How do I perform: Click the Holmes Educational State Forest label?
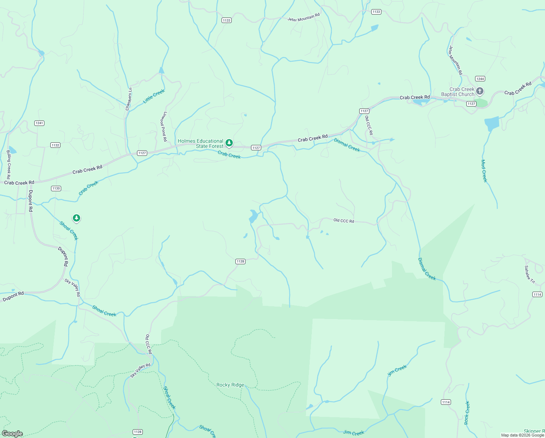click(200, 143)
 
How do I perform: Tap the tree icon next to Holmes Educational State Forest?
click(229, 142)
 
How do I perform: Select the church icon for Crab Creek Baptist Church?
click(480, 91)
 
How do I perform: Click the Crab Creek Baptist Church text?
click(458, 92)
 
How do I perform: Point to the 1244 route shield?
click(480, 79)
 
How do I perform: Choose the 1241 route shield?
click(39, 123)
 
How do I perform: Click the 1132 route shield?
click(55, 145)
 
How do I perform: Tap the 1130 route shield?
click(56, 188)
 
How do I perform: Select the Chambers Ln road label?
click(129, 99)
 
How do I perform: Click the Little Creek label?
click(154, 96)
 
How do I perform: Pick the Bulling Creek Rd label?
click(9, 162)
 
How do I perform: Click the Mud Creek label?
click(484, 171)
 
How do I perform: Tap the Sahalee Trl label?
click(529, 274)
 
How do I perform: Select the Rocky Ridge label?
click(230, 385)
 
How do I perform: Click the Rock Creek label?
click(467, 413)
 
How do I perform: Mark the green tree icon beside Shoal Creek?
click(76, 218)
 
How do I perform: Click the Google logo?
click(12, 434)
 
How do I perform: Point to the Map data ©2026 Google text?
click(522, 435)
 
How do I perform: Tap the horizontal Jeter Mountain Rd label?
click(303, 17)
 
